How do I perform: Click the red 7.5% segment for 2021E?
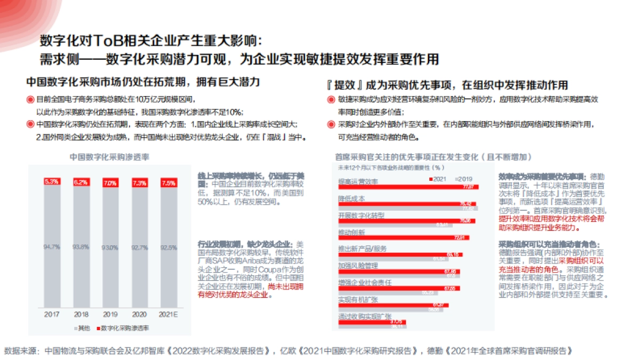point(168,183)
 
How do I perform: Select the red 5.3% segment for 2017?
point(52,182)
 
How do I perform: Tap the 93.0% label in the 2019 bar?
point(110,247)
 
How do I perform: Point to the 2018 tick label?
point(81,315)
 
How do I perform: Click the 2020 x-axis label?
point(139,315)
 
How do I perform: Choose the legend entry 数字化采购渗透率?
point(124,327)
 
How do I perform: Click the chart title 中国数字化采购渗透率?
point(109,158)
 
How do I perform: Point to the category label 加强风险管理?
point(358,266)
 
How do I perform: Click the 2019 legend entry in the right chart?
point(463,178)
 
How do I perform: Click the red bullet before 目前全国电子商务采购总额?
point(30,100)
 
